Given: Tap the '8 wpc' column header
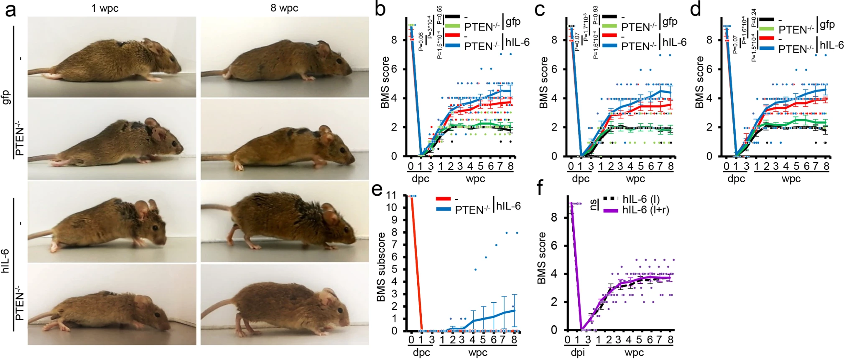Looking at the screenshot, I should pyautogui.click(x=284, y=8).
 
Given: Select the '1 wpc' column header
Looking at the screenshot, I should pyautogui.click(x=105, y=8).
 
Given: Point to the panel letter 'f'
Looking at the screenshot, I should pyautogui.click(x=540, y=188).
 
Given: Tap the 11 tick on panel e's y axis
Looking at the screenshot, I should pyautogui.click(x=391, y=195).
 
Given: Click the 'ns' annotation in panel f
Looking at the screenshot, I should pyautogui.click(x=593, y=205).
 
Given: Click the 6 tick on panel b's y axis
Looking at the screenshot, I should pyautogui.click(x=394, y=69).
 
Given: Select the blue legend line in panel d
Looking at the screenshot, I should pyautogui.click(x=767, y=49).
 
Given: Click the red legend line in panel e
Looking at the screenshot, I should pyautogui.click(x=443, y=199).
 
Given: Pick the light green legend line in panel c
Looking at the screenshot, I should pyautogui.click(x=609, y=26).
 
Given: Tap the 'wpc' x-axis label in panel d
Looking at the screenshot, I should pyautogui.click(x=791, y=179).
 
